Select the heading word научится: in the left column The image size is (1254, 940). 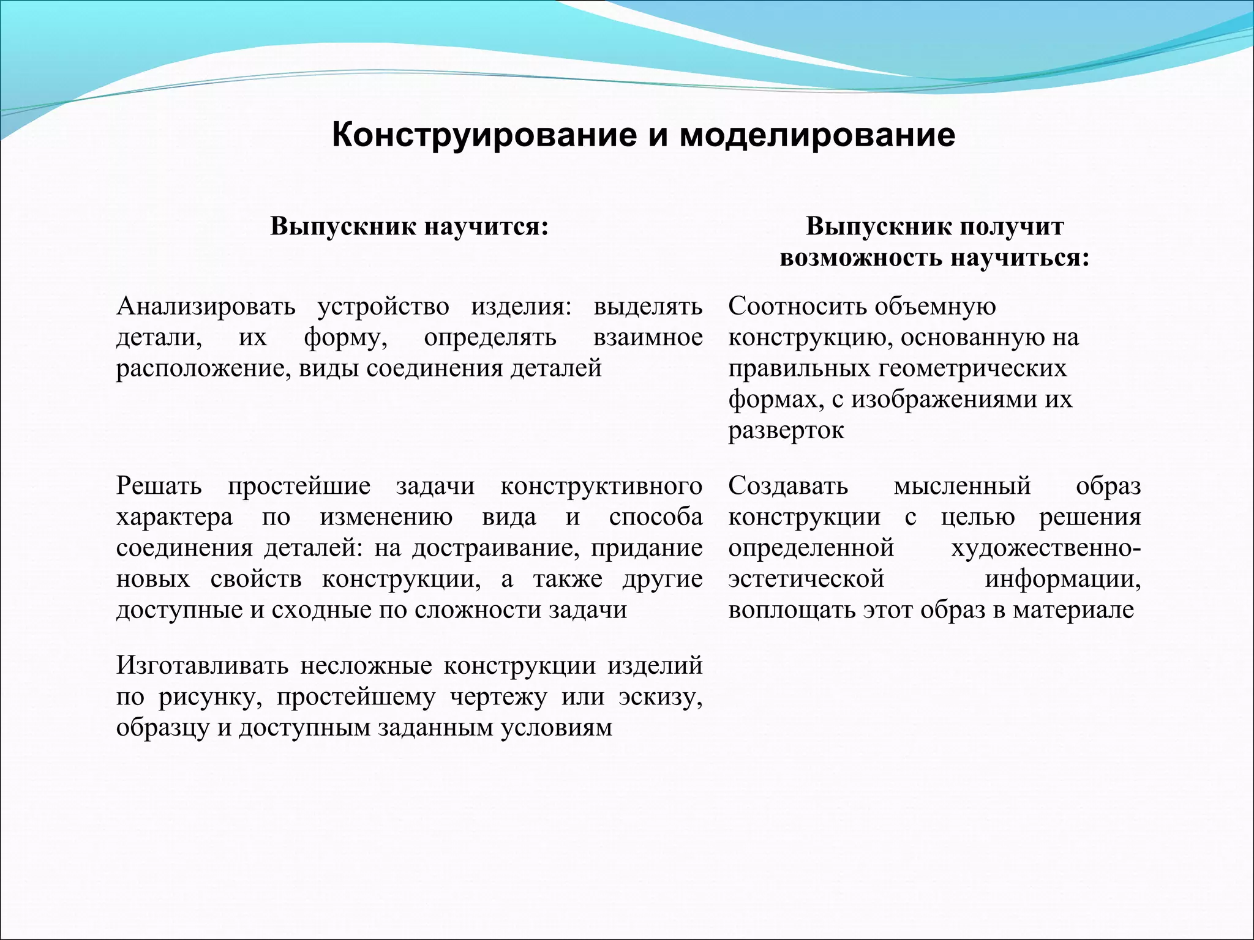coord(486,226)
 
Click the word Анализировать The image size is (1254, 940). coord(206,306)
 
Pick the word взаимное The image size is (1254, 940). coord(648,337)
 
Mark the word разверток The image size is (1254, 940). coord(786,431)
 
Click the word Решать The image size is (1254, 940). coord(159,486)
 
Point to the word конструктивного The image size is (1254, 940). coord(601,486)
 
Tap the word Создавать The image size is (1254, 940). coord(788,486)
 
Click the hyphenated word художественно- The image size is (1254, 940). coord(1046,548)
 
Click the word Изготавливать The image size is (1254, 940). coord(202,665)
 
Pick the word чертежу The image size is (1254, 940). coord(498,697)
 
